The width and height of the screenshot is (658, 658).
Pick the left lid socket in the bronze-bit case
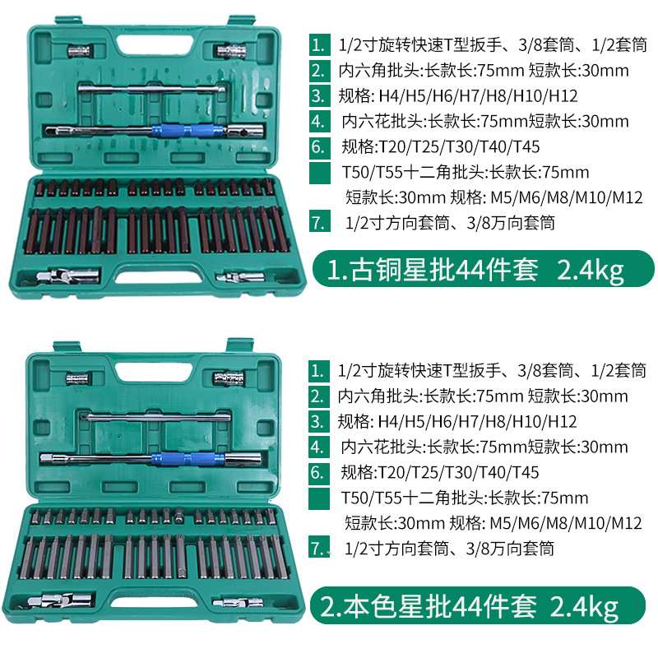point(79,52)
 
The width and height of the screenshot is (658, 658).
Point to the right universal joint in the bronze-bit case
point(239,276)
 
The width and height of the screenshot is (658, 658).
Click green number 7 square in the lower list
point(317,548)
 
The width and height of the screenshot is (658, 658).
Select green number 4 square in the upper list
point(317,122)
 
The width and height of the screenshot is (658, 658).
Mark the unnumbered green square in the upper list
point(317,173)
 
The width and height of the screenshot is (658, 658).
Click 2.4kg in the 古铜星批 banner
point(591,269)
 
